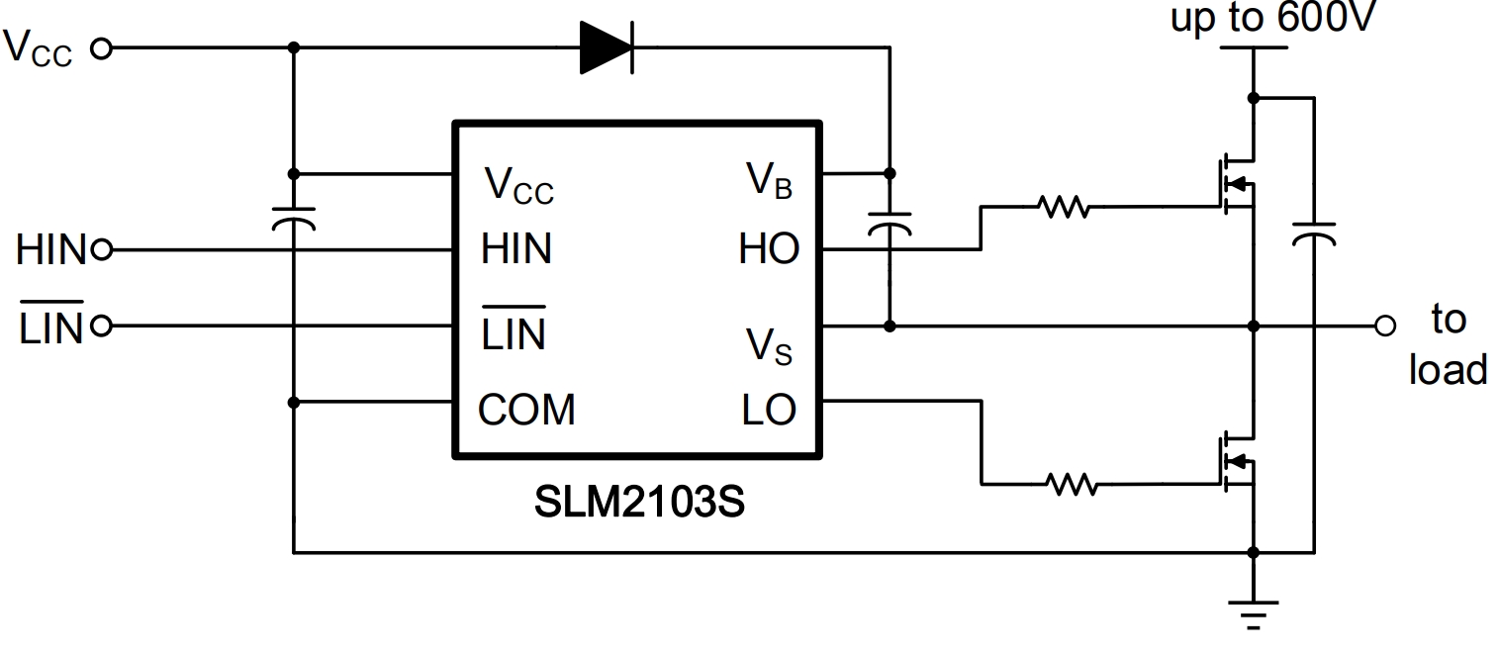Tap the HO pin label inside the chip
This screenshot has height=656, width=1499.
click(769, 250)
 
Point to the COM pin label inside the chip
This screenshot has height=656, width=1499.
click(526, 409)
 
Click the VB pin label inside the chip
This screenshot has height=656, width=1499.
click(769, 180)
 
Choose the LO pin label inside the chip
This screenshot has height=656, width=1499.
click(769, 409)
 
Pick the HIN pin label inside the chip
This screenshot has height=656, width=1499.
click(516, 250)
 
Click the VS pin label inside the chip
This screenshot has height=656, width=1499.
click(769, 345)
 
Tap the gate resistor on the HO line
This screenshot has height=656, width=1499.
click(1063, 208)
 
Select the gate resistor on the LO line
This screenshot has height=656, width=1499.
click(1071, 484)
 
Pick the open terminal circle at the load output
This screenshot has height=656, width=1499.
click(1385, 325)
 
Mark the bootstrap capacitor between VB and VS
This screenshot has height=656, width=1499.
click(890, 222)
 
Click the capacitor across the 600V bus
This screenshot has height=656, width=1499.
click(1314, 234)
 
